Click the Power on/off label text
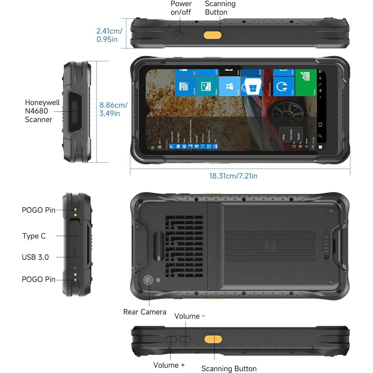point(181,8)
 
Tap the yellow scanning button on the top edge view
point(213,35)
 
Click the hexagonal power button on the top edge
point(178,35)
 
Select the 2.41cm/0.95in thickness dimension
point(109,35)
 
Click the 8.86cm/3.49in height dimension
point(113,109)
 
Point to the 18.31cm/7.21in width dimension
point(233,176)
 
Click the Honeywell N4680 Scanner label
point(42,111)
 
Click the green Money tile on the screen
point(306,83)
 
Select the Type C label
point(34,236)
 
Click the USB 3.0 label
point(35,257)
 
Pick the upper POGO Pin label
point(38,210)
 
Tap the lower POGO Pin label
point(38,279)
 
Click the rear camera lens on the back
point(148,280)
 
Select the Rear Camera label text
point(144,312)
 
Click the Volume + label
point(169,365)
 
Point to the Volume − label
point(189,316)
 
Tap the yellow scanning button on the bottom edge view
point(213,339)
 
